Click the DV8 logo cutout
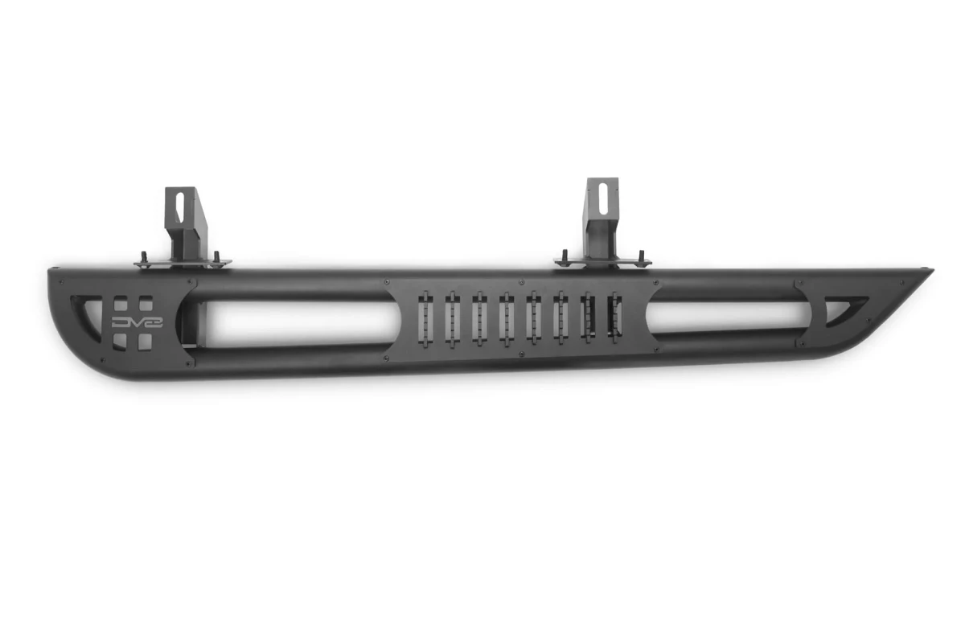131,322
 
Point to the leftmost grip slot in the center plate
426,317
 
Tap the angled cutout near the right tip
844,306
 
